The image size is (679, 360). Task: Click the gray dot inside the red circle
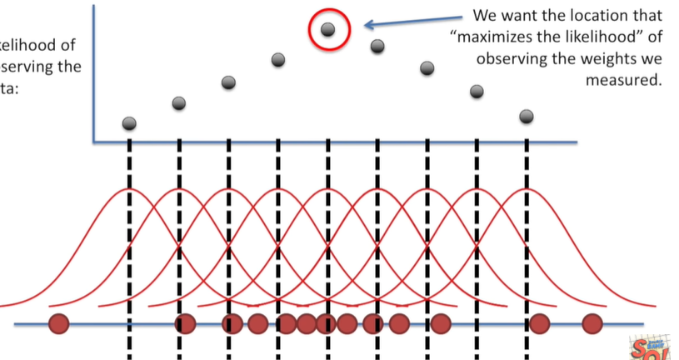pyautogui.click(x=328, y=30)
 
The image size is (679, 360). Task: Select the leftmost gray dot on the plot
pyautogui.click(x=129, y=123)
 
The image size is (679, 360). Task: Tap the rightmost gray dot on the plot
pyautogui.click(x=527, y=117)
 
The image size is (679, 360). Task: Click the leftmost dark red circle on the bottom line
pyautogui.click(x=58, y=323)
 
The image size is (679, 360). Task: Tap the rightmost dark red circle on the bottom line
pyautogui.click(x=592, y=323)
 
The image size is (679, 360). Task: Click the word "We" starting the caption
pyautogui.click(x=484, y=16)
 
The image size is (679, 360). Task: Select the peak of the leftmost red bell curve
pyautogui.click(x=129, y=190)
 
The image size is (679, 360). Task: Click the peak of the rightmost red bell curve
pyautogui.click(x=527, y=190)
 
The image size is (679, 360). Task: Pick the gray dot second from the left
pyautogui.click(x=179, y=103)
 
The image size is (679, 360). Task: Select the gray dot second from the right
pyautogui.click(x=477, y=90)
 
